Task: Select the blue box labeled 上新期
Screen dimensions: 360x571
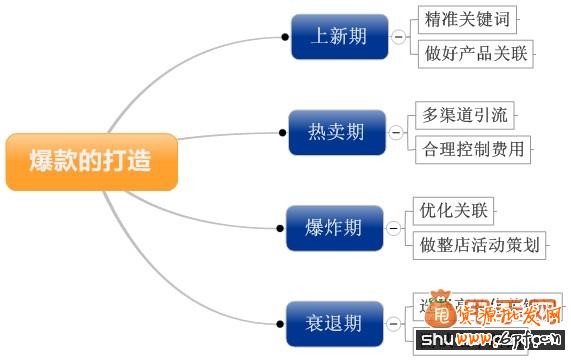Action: [x=337, y=37]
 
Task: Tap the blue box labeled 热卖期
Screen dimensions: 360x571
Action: [x=336, y=131]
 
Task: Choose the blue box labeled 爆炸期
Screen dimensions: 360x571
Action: [x=334, y=228]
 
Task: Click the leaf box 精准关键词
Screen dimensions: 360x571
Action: [x=465, y=19]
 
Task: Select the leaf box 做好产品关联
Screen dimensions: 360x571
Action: [x=474, y=54]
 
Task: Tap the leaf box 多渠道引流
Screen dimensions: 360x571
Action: [x=465, y=115]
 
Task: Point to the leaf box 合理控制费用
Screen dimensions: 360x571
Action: [x=473, y=150]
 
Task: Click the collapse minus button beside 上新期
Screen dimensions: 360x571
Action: [x=397, y=37]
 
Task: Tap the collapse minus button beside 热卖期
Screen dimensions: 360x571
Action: [x=397, y=131]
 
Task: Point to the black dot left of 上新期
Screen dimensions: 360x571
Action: [x=284, y=37]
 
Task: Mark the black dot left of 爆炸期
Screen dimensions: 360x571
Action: [x=281, y=229]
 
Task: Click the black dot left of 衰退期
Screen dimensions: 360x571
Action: [x=280, y=323]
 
